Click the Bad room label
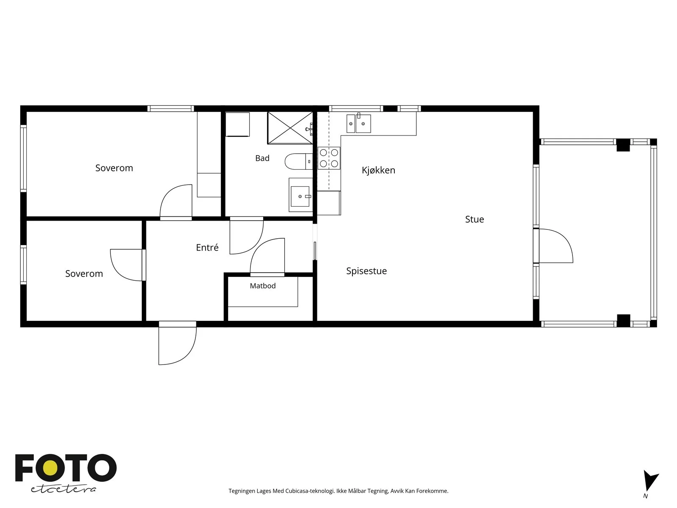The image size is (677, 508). pos(262,158)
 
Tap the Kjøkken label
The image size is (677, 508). pos(378,170)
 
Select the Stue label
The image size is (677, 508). pos(474,219)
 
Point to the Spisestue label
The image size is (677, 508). pos(366,271)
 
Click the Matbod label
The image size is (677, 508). pos(263,286)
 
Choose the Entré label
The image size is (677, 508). pos(207,247)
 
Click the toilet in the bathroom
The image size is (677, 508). pos(299,161)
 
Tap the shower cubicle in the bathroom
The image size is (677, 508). pos(290,128)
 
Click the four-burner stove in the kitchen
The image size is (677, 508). pos(329,158)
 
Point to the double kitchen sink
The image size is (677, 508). pos(358,123)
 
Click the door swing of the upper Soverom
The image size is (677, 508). pos(176,201)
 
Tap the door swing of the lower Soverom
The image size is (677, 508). pos(127,265)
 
